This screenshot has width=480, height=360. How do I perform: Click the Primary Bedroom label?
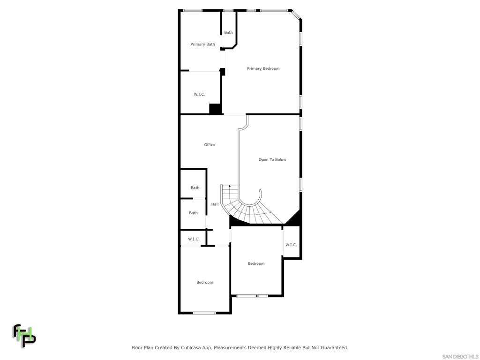click(x=263, y=69)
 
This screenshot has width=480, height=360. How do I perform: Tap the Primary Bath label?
click(x=202, y=45)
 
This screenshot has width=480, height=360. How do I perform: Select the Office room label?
click(x=210, y=145)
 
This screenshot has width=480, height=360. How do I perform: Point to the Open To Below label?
click(x=272, y=160)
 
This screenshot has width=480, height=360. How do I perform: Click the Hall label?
click(x=215, y=204)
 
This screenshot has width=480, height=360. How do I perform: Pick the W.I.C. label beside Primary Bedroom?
click(x=199, y=95)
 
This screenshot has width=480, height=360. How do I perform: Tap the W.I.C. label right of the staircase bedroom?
click(x=291, y=245)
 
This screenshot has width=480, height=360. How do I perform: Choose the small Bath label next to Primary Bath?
click(x=228, y=33)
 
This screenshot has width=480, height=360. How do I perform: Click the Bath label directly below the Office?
click(x=195, y=188)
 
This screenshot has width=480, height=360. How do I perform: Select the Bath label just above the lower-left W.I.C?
click(x=193, y=213)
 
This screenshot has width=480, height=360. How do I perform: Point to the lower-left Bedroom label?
click(x=205, y=283)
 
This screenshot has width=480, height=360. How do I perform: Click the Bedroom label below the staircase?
click(x=256, y=264)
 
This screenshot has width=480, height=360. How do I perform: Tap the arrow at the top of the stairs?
click(x=229, y=187)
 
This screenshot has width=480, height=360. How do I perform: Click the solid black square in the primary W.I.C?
click(x=215, y=109)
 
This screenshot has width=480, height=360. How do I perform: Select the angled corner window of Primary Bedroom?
click(x=296, y=15)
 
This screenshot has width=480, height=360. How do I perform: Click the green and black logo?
click(x=24, y=336)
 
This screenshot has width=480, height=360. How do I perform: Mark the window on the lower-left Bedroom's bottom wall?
click(x=204, y=313)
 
